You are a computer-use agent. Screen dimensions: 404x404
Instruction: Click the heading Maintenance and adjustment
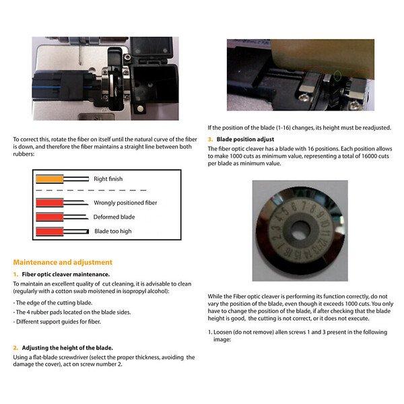point(63,262)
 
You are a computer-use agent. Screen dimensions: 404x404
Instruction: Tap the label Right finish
point(108,179)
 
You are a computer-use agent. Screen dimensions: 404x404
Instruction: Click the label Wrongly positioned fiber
point(125,202)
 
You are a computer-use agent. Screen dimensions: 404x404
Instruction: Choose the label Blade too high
point(112,231)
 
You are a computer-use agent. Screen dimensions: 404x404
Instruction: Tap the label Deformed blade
point(114,217)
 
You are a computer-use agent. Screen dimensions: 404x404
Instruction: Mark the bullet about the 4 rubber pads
point(72,312)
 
